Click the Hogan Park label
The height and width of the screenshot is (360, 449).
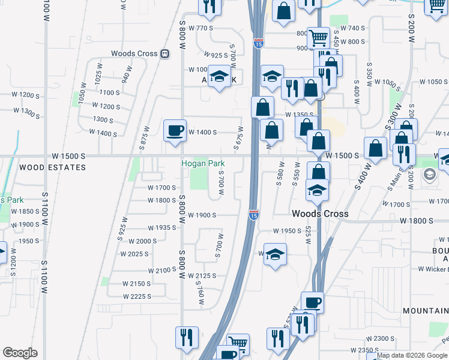(x=200, y=164)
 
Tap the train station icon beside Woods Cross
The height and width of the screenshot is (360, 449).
(x=164, y=53)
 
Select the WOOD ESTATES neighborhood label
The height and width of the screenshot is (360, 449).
(x=52, y=167)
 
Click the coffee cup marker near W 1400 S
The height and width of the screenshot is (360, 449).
(x=175, y=130)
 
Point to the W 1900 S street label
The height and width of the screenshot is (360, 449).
(x=202, y=215)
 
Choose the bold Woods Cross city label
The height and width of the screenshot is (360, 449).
(x=316, y=214)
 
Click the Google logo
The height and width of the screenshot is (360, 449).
(x=20, y=353)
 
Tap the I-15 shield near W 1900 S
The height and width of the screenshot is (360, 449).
(x=254, y=214)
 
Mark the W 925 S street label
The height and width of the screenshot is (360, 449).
(x=215, y=55)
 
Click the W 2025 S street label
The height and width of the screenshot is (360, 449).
(x=134, y=254)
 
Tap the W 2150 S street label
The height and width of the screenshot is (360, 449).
(x=136, y=283)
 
